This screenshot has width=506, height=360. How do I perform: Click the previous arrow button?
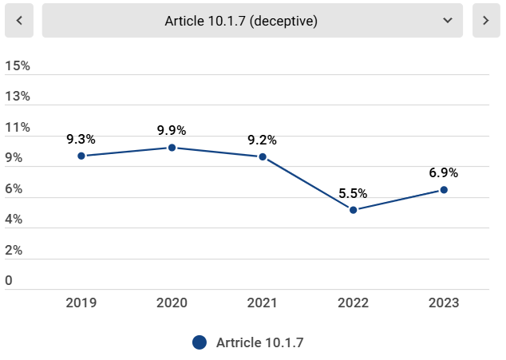19,21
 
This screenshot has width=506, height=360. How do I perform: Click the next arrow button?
486,21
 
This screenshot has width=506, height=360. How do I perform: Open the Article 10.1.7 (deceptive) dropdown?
252,21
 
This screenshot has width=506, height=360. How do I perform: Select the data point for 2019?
81,156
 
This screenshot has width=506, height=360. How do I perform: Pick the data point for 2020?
172,148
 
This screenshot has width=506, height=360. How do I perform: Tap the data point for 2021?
263,156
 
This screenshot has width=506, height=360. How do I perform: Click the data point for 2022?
353,210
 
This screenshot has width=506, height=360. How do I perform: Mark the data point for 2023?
444,190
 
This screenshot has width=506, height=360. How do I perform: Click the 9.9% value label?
172,130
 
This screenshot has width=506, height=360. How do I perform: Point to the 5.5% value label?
353,192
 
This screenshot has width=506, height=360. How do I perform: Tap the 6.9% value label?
444,172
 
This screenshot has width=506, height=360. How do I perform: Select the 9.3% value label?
81,139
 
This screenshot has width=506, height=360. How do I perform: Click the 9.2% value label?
263,140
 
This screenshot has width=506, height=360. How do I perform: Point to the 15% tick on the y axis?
18,65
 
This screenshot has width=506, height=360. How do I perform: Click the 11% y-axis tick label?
18,128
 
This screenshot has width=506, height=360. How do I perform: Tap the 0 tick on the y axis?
9,281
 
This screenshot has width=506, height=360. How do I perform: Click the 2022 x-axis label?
353,303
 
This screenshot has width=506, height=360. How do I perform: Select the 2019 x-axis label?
81,303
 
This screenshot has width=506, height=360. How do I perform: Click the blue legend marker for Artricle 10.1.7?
200,342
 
